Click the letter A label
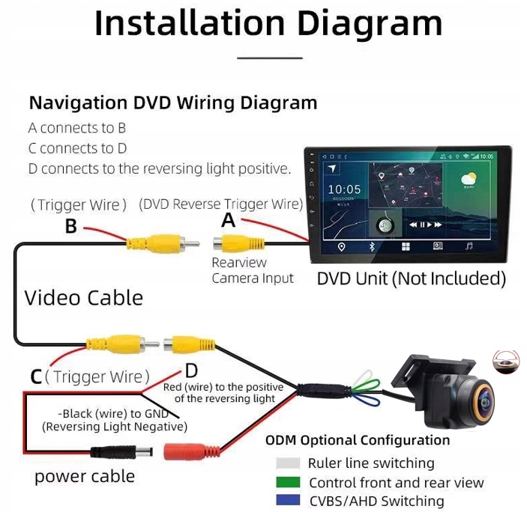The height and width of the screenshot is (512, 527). [229, 219]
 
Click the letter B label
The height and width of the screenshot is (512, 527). [71, 225]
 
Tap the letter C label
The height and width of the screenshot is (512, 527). [35, 376]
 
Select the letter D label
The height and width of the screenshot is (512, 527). [191, 371]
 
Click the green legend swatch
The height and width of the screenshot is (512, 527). [288, 483]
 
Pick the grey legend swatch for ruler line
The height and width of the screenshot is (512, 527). [288, 463]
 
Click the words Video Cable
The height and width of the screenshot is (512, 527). [83, 297]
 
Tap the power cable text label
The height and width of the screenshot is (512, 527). [85, 476]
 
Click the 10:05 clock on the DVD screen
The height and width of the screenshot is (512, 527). [344, 189]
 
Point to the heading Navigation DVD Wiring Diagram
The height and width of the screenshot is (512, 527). [172, 103]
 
